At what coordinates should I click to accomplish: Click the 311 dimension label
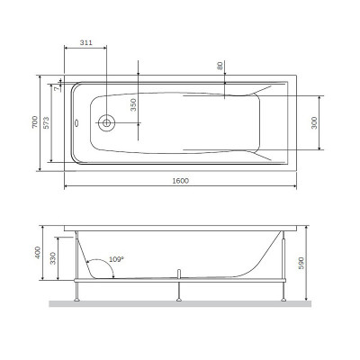pyautogui.click(x=85, y=43)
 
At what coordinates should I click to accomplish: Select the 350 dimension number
pyautogui.click(x=132, y=103)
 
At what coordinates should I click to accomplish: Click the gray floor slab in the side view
pyautogui.click(x=180, y=303)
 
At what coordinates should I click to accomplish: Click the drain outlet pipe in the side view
pyautogui.click(x=182, y=273)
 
